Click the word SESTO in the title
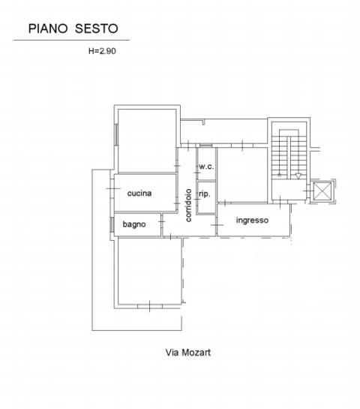click(x=96, y=29)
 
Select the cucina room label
click(x=139, y=194)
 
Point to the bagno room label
click(x=134, y=224)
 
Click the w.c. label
click(x=206, y=167)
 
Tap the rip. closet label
click(x=204, y=194)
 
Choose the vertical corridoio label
click(x=188, y=204)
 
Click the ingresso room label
click(x=252, y=220)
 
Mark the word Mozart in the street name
click(x=196, y=351)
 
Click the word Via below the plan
click(x=172, y=351)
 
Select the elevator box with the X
click(x=322, y=191)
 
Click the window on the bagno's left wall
click(x=112, y=224)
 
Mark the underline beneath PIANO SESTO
click(x=72, y=40)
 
